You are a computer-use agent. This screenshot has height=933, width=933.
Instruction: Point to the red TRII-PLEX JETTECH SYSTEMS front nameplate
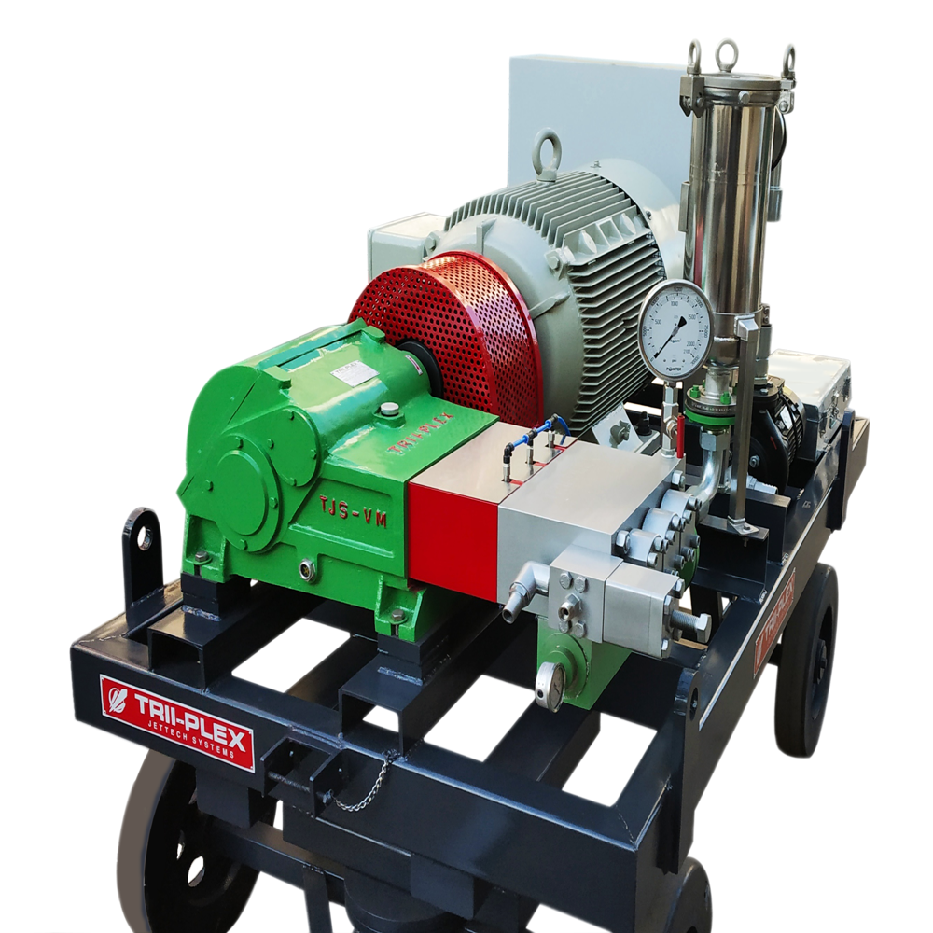176,722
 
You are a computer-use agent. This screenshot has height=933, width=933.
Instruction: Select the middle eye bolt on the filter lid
727,50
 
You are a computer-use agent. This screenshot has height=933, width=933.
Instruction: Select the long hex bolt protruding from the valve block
691,620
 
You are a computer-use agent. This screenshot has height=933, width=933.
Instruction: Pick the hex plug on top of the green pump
389,409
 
